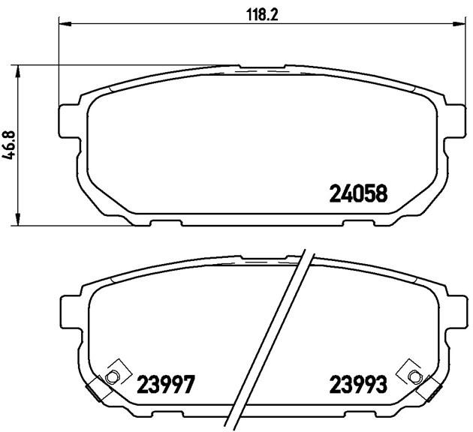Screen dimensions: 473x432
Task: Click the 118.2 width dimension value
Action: tap(262, 14)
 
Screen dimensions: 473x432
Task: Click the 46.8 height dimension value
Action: tap(10, 145)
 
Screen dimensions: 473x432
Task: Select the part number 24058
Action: tap(358, 193)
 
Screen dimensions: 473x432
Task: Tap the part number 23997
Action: tap(164, 384)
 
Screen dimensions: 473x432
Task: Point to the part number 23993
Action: tap(358, 384)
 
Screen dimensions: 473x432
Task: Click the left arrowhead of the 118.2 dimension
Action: tap(64, 24)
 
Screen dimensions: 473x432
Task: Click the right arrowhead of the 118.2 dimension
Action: tap(459, 24)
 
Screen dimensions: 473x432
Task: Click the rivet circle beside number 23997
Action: tap(111, 376)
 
